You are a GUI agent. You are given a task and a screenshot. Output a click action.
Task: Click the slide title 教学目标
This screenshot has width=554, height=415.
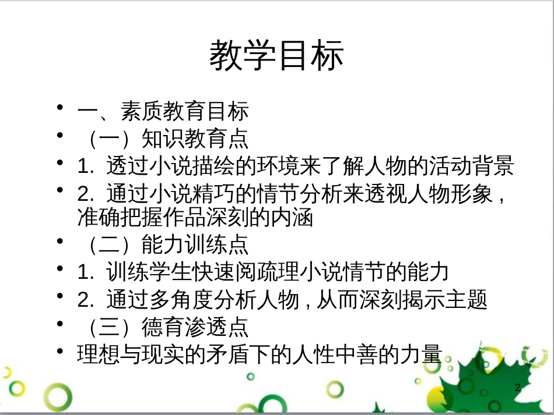pos(276,56)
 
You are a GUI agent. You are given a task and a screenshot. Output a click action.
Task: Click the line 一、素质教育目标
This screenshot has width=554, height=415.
pos(163,111)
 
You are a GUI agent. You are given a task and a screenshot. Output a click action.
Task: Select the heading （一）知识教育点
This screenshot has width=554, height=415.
pos(163,139)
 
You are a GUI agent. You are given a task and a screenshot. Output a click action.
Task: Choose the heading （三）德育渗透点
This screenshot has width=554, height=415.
pos(163,327)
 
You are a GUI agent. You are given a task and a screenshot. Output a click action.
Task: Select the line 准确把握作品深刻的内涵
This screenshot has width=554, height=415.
pos(195,217)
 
